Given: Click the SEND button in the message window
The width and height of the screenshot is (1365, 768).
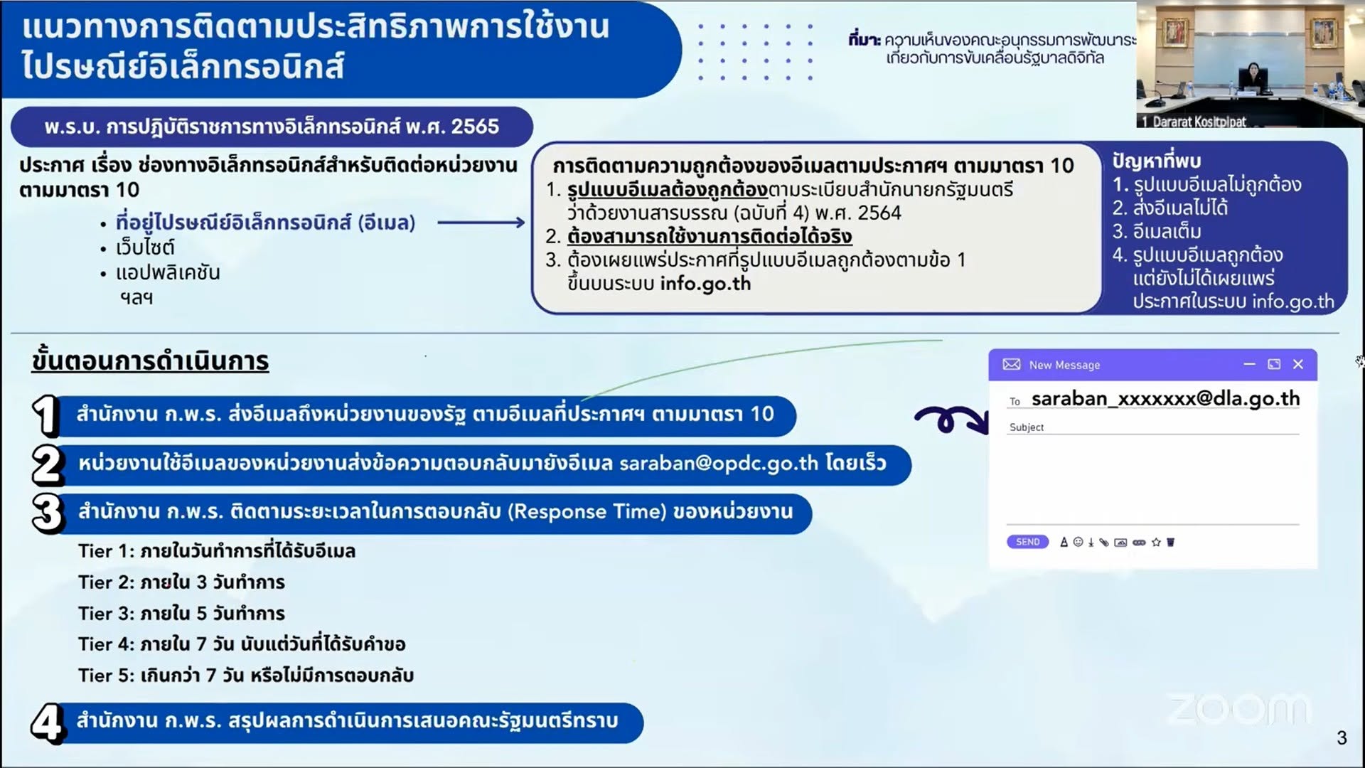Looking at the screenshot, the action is pyautogui.click(x=1027, y=542).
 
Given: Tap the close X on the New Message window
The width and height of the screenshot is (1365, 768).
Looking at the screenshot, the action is pyautogui.click(x=1298, y=364).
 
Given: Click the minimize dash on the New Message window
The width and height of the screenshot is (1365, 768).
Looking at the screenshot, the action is pyautogui.click(x=1249, y=364).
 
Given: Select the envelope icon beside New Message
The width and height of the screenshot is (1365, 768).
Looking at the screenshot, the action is pyautogui.click(x=1011, y=364).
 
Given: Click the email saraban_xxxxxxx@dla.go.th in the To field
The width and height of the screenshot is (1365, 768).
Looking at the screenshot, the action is pyautogui.click(x=1166, y=399).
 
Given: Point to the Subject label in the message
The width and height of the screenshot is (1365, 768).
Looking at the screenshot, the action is pyautogui.click(x=1027, y=427).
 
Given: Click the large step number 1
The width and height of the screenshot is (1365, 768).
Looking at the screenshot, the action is pyautogui.click(x=45, y=416).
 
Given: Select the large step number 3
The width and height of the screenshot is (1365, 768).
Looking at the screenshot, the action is pyautogui.click(x=48, y=513).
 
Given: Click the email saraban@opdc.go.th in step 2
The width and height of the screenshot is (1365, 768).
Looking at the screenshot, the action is pyautogui.click(x=719, y=464).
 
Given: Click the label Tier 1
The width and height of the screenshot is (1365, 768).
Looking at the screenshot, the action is pyautogui.click(x=105, y=551).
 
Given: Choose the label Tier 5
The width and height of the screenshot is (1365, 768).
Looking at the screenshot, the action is pyautogui.click(x=106, y=675).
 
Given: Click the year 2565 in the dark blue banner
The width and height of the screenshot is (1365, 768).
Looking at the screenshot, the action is pyautogui.click(x=475, y=127).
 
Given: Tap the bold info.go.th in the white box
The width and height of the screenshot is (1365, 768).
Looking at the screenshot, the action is pyautogui.click(x=705, y=284).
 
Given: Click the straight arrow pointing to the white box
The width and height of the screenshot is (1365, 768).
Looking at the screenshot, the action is pyautogui.click(x=481, y=223).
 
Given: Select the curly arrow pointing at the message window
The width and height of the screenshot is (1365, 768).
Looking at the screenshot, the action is pyautogui.click(x=951, y=420).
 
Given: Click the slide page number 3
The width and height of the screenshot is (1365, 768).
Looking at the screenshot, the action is pyautogui.click(x=1342, y=738).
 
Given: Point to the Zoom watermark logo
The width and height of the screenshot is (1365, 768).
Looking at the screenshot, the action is pyautogui.click(x=1238, y=709).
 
